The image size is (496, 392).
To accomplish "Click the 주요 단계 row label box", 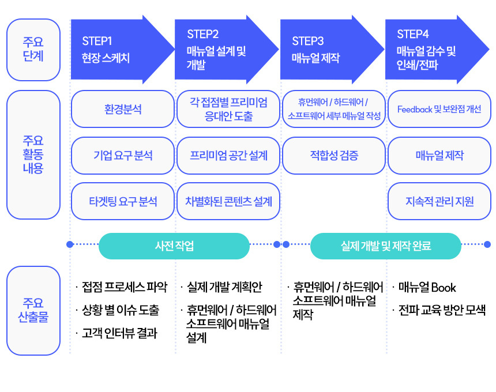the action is [33, 50].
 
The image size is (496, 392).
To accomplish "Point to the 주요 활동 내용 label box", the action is [33, 154].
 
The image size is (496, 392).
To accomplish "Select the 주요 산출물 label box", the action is [33, 311].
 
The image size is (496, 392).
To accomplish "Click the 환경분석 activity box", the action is [123, 109].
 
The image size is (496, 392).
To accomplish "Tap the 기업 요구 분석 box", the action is [123, 156].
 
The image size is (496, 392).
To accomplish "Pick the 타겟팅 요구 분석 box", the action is [123, 201].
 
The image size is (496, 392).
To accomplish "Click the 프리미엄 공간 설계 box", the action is [228, 156].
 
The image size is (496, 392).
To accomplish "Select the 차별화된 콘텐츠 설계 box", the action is [228, 201].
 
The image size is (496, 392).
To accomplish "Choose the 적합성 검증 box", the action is [334, 156].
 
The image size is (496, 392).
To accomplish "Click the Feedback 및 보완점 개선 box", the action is [439, 109].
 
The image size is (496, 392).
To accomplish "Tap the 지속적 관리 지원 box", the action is [439, 201].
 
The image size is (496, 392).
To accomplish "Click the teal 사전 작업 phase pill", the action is [174, 246].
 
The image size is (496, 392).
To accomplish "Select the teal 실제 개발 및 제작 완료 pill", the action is [386, 246].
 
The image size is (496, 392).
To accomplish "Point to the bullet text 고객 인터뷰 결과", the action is [119, 333].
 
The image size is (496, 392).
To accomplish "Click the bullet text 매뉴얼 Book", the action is [427, 287].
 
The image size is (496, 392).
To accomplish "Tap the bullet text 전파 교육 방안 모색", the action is [442, 310].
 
